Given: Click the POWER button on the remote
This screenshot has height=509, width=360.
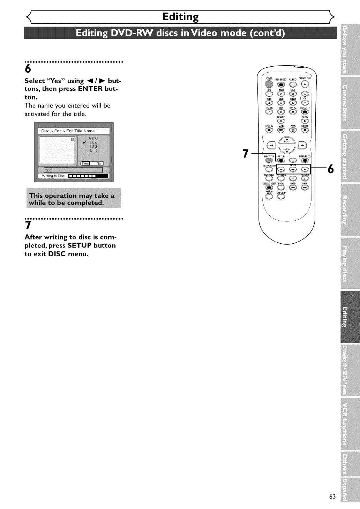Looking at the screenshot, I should click(x=269, y=84).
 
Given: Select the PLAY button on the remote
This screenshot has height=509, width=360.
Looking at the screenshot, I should click(x=287, y=140).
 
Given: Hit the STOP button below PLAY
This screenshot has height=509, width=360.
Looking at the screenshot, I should click(x=287, y=150).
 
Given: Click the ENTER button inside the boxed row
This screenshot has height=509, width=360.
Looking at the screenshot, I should click(x=293, y=169).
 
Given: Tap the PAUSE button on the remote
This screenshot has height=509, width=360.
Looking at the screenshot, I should click(x=305, y=131).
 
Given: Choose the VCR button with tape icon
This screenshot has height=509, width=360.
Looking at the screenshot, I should click(x=281, y=131).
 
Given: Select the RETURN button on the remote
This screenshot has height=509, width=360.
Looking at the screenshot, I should click(x=305, y=178).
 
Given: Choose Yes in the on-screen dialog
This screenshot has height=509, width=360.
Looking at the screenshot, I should click(x=85, y=163).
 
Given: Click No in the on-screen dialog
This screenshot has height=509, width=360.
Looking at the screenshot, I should click(x=99, y=163).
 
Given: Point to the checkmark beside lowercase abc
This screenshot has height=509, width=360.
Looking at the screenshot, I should click(x=84, y=142).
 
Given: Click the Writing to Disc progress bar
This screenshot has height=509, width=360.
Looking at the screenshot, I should click(x=88, y=176).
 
